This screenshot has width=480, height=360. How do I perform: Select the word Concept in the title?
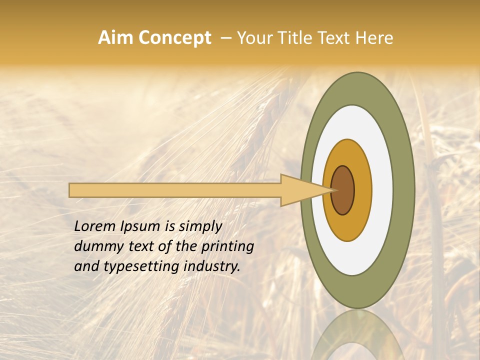tap(174, 38)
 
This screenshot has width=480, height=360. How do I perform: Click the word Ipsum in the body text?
tap(141, 226)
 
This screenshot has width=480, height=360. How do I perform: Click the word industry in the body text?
tap(212, 266)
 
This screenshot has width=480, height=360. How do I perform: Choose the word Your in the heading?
tap(254, 38)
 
